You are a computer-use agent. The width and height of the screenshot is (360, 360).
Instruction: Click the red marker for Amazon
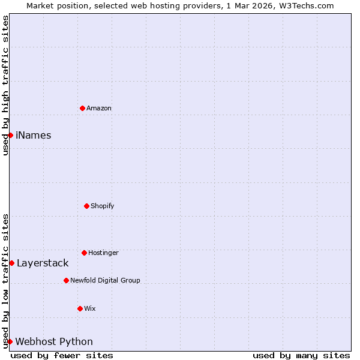coord(82,108)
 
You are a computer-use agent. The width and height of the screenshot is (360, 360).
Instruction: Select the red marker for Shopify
coord(86,206)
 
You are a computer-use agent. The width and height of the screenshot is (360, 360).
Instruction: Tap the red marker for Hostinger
coord(84,253)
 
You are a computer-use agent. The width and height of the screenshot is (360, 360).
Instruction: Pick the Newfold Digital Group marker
coord(66,280)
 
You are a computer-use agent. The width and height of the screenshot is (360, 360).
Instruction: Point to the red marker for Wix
coord(80,308)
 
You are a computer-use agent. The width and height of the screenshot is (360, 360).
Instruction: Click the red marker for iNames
coord(10,135)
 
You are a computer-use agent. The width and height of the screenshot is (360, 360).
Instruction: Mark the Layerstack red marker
coord(11,263)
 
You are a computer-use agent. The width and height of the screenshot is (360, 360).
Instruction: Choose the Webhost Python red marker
coord(10,341)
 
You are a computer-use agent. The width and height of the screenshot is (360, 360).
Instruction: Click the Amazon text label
coord(99,109)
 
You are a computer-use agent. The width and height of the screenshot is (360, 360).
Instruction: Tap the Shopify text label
coord(103,206)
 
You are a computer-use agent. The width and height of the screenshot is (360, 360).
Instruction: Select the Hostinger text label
coord(103,253)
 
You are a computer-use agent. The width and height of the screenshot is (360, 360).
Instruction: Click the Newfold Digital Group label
coord(105,281)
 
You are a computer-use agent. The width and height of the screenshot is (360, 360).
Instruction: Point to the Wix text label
coord(90,309)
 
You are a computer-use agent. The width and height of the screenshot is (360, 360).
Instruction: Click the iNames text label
coord(34,136)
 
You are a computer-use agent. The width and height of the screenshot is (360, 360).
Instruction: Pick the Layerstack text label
coord(43,263)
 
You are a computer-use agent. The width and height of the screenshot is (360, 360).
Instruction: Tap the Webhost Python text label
coord(54,342)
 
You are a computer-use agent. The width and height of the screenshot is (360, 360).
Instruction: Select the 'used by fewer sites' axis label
coord(62,355)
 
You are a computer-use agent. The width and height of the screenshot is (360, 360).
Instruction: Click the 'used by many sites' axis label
coord(301,355)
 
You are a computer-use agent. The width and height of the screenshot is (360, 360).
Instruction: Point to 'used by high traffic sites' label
coord(5,85)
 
